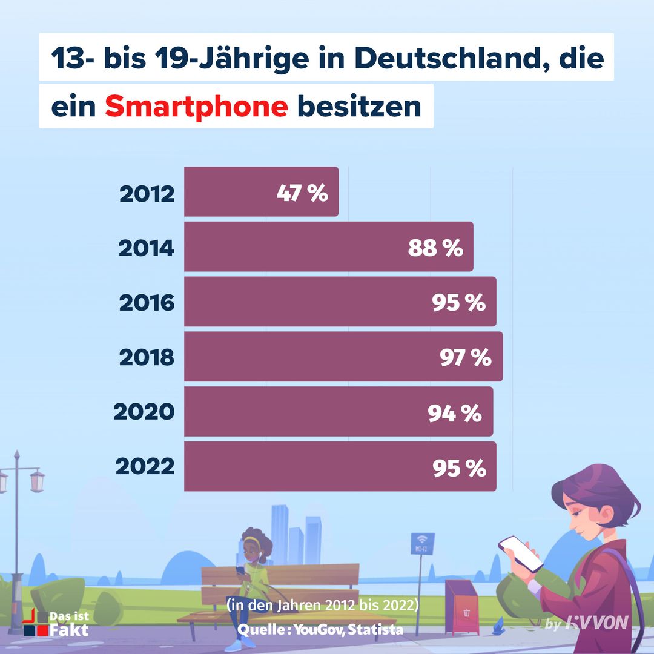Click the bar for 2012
261,192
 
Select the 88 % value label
435,248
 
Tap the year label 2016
147,302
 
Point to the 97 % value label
464,358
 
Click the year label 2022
145,467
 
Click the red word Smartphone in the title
196,107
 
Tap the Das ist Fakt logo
56,623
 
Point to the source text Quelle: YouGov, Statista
320,629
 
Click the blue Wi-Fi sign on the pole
422,543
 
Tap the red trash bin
461,606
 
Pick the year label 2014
147,248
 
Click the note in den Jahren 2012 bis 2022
323,606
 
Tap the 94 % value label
454,413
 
